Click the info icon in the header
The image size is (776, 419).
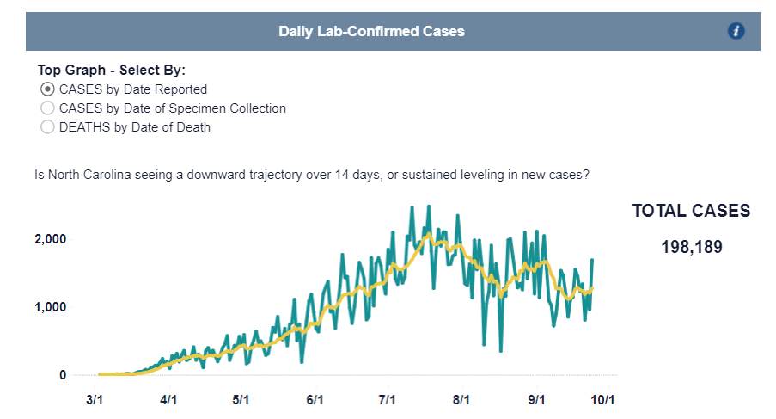tap(736, 31)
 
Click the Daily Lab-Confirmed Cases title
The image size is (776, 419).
tap(371, 31)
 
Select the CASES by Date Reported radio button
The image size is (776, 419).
tap(47, 89)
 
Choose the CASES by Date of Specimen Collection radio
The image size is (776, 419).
tap(47, 108)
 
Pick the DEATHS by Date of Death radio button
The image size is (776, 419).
tap(47, 127)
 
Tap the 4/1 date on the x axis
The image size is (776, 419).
tap(168, 400)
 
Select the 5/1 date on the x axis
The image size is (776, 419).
tap(241, 400)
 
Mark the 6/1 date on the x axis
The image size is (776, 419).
tap(315, 400)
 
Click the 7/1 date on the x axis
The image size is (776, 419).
tap(387, 400)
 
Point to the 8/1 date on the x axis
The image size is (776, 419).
tap(461, 400)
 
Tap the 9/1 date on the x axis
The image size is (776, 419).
tap(537, 400)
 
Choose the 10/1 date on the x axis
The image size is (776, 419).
tap(602, 400)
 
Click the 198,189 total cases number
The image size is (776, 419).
tap(691, 248)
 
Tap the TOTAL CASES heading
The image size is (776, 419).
tap(691, 211)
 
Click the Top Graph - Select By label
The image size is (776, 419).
tap(112, 70)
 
